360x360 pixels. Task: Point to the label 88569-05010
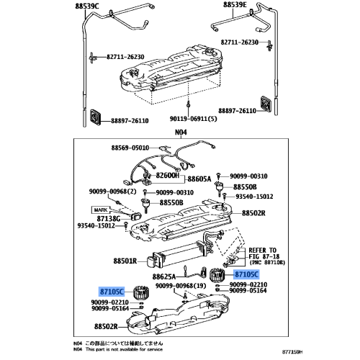point(131,146)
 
